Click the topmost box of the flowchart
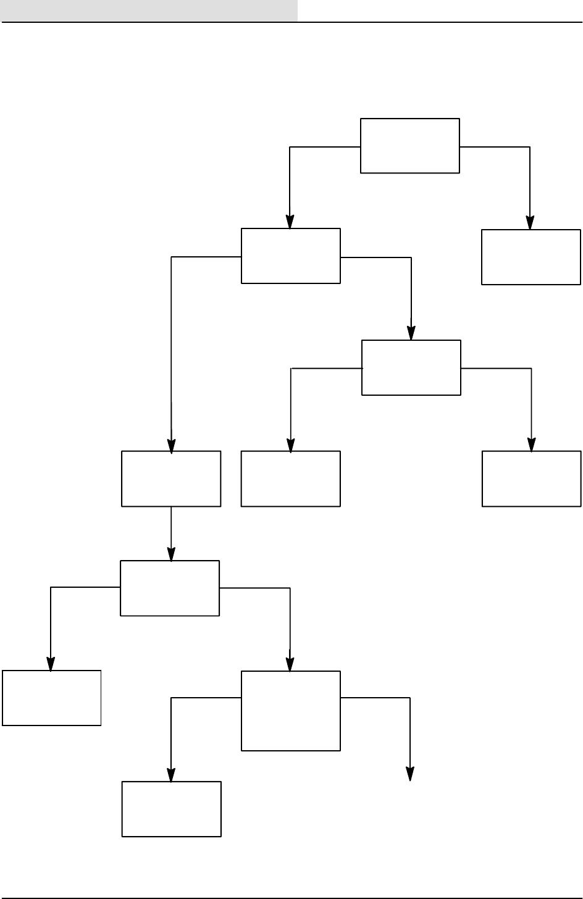[x=410, y=146]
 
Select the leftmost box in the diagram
[x=51, y=698]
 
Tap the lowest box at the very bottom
[x=172, y=809]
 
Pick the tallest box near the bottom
[x=290, y=711]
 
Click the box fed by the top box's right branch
[x=531, y=257]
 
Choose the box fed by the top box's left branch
[x=290, y=256]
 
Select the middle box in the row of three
[x=290, y=479]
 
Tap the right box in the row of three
[x=531, y=479]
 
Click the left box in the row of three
[x=171, y=479]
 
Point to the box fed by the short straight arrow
[x=170, y=588]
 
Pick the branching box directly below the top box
[x=411, y=367]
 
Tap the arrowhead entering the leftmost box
[x=51, y=664]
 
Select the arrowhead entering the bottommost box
[x=171, y=774]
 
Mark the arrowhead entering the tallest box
[x=290, y=664]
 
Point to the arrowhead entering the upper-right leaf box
[x=531, y=222]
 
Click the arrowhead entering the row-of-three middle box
[x=290, y=445]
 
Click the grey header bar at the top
[x=148, y=10]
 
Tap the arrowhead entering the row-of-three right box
[x=531, y=445]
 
